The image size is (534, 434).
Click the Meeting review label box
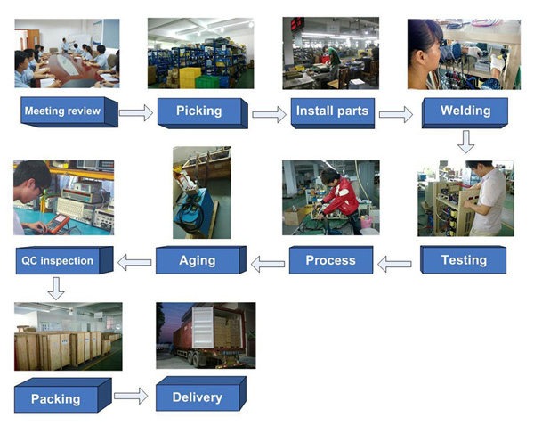(61, 111)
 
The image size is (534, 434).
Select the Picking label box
(199, 111)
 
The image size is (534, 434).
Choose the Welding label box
(465, 111)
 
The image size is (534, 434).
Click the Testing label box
(464, 260)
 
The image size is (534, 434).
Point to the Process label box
(330, 261)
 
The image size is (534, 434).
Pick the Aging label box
(198, 261)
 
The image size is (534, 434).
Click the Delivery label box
(198, 397)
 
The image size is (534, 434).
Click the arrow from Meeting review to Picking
(136, 112)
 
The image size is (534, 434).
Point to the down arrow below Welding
(465, 141)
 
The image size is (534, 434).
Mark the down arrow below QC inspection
(56, 288)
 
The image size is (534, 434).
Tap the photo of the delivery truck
(205, 335)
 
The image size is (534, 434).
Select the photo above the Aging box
(201, 192)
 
